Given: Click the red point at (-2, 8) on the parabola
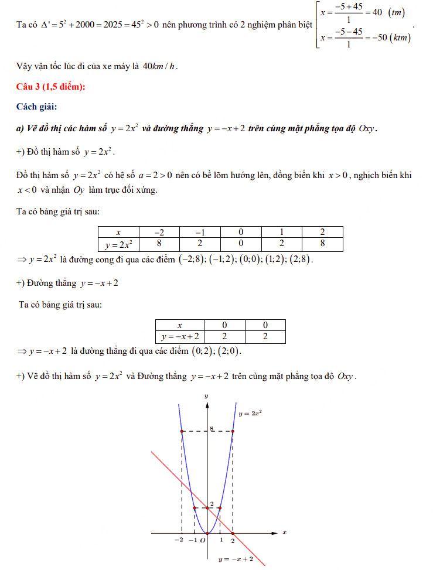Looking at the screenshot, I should (182, 431).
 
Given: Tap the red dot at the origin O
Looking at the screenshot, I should (207, 533).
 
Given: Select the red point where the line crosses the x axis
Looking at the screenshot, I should (233, 533).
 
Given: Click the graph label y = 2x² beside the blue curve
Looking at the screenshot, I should (250, 414).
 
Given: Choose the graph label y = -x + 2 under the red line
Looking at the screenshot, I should (236, 559).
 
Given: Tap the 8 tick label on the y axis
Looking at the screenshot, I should (212, 429).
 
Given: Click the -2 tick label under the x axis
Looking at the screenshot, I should (179, 540).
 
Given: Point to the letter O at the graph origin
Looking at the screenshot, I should (202, 540).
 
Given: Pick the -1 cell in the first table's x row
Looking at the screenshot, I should (200, 232).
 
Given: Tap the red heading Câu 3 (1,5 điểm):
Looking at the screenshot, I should (52, 87).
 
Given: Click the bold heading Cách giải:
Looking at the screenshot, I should (37, 107).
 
